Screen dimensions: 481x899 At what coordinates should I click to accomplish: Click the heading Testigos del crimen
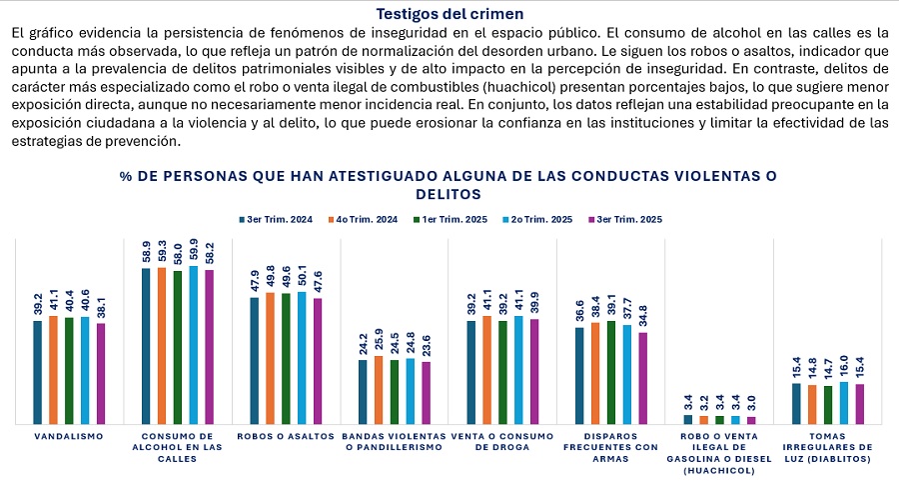(x=449, y=14)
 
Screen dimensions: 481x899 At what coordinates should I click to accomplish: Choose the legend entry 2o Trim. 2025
(x=538, y=219)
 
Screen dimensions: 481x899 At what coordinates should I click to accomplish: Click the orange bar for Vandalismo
(x=54, y=370)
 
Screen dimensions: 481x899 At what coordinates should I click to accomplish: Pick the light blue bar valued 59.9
(x=194, y=345)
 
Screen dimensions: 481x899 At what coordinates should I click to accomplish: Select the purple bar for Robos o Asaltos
(x=318, y=361)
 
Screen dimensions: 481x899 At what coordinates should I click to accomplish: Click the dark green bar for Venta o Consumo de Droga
(x=502, y=373)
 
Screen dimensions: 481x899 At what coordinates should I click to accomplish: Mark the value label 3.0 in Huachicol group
(x=751, y=404)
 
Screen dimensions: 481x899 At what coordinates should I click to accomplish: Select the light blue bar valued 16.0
(x=844, y=403)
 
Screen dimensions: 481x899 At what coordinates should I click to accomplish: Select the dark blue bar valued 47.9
(x=255, y=361)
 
